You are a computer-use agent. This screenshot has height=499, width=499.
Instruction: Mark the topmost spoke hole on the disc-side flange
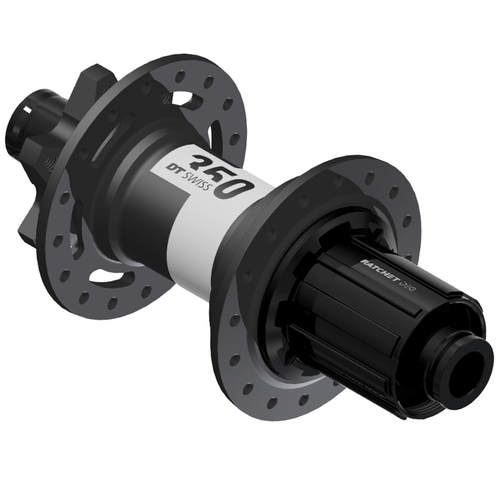point(180,75)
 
